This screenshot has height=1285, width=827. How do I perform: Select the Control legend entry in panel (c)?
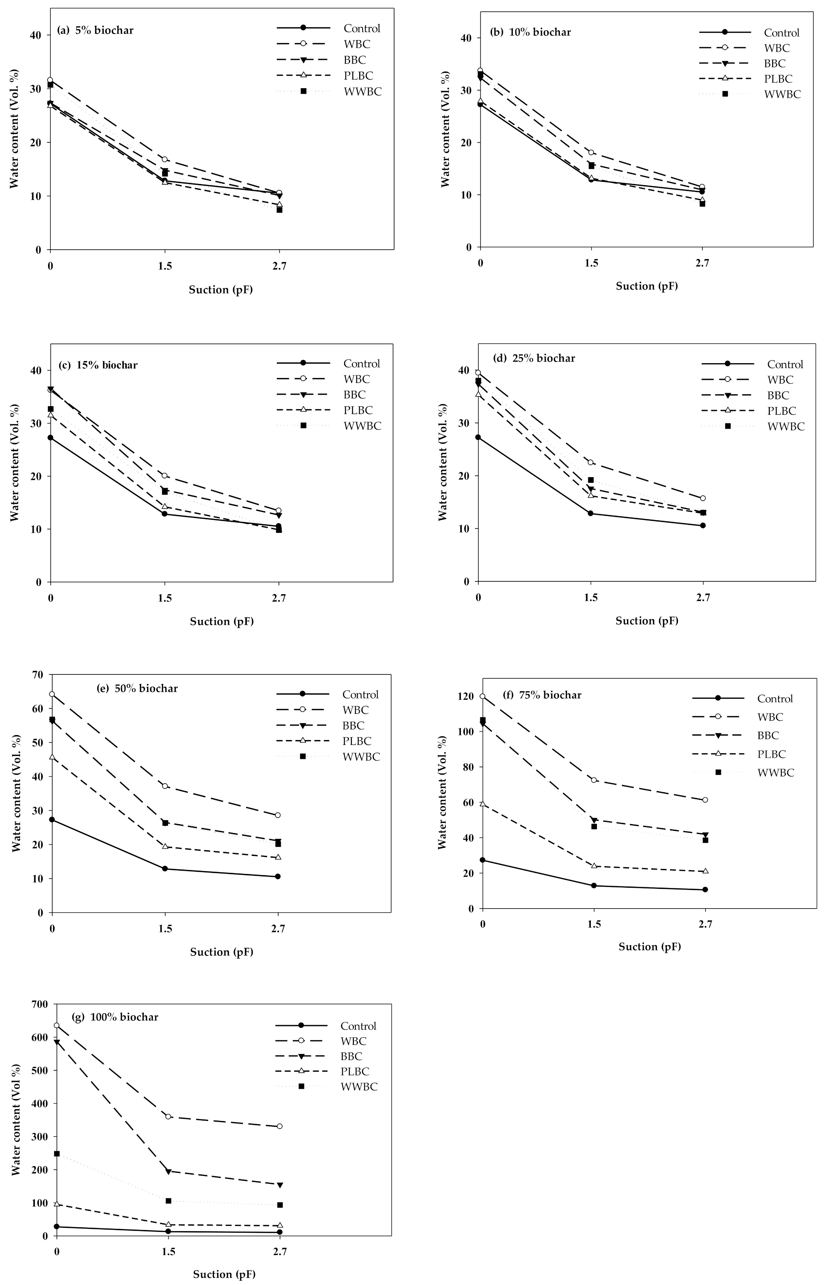361,364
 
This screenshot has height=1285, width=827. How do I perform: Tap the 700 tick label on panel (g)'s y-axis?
40,1004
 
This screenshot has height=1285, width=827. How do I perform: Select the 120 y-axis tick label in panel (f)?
465,696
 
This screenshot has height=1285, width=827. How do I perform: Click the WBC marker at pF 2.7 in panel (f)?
705,800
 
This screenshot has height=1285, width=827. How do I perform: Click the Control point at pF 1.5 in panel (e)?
165,869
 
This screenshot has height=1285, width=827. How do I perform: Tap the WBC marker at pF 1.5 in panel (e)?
165,786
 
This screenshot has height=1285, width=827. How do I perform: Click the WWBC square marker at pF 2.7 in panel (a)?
279,210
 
